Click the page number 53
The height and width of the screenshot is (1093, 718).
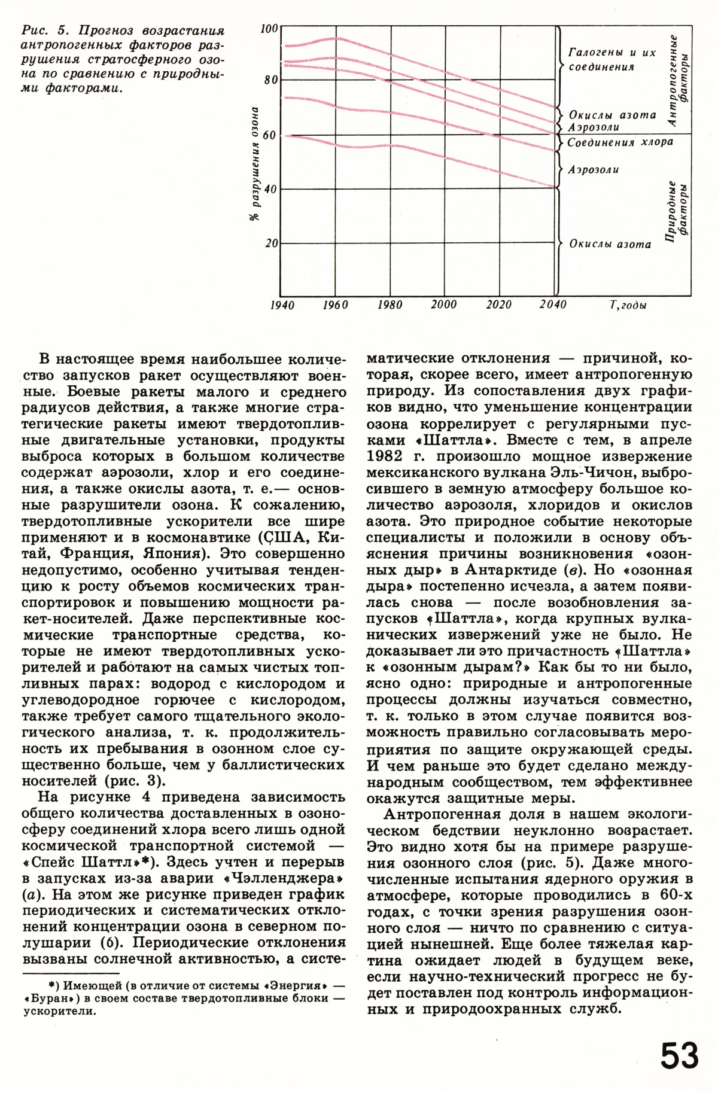(680, 1055)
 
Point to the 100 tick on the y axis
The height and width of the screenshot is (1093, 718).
(270, 28)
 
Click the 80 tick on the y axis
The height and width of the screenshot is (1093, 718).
(270, 81)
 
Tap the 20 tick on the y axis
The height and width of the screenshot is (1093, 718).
(270, 243)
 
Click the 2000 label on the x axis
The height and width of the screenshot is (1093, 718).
(443, 305)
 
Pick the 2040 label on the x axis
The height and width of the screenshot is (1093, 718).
(553, 305)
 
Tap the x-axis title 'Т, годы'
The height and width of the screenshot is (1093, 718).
(628, 305)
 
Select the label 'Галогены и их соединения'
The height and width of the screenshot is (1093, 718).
(611, 59)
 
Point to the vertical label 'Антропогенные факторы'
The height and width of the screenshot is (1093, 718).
(678, 80)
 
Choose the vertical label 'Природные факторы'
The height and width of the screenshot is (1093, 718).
(676, 211)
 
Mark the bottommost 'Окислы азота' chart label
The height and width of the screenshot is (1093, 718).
(610, 244)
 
